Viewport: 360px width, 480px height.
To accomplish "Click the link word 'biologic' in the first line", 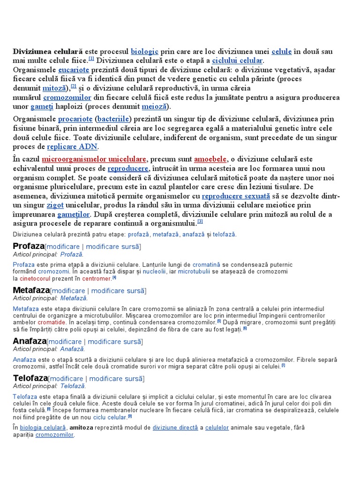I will pyautogui.click(x=145, y=51).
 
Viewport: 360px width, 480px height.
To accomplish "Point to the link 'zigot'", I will pyautogui.click(x=55, y=205).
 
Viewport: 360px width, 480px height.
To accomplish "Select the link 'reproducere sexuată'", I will pyautogui.click(x=236, y=196).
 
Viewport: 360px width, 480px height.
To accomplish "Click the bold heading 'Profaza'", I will pyautogui.click(x=29, y=246).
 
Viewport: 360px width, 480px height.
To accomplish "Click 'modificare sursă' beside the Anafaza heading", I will pyautogui.click(x=114, y=342).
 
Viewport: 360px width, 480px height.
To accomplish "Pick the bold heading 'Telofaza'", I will pyautogui.click(x=30, y=378).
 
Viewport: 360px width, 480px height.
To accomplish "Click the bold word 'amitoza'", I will pyautogui.click(x=81, y=427).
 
